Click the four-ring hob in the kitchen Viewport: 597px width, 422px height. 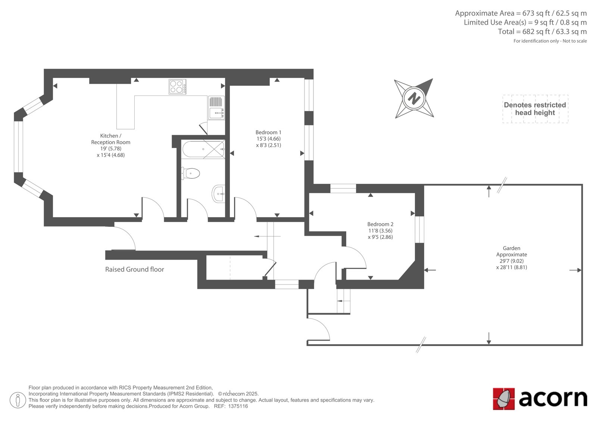point(177,87)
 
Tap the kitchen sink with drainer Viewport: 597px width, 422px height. point(216,108)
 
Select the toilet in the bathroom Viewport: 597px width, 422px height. point(190,174)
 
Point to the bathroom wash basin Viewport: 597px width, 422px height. point(219,194)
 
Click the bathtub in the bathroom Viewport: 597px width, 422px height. point(203,149)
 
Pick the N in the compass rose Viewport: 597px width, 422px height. point(414,98)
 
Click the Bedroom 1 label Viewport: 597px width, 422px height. point(268,132)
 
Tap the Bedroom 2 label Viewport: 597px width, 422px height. point(380,224)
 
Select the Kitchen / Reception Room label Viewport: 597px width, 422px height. point(110,139)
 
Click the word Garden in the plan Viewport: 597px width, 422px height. point(512,248)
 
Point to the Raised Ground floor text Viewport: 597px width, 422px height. point(135,269)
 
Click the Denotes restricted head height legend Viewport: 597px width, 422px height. point(535,109)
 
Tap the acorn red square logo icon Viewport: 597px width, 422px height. point(504,399)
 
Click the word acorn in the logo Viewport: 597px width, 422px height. point(553,398)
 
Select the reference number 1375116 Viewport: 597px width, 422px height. point(238,406)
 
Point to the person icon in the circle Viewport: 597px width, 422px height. point(18,400)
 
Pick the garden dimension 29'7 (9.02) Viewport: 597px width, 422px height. point(512,261)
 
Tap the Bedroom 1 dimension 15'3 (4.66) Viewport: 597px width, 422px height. point(268,139)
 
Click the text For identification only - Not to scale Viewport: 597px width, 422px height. point(550,41)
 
